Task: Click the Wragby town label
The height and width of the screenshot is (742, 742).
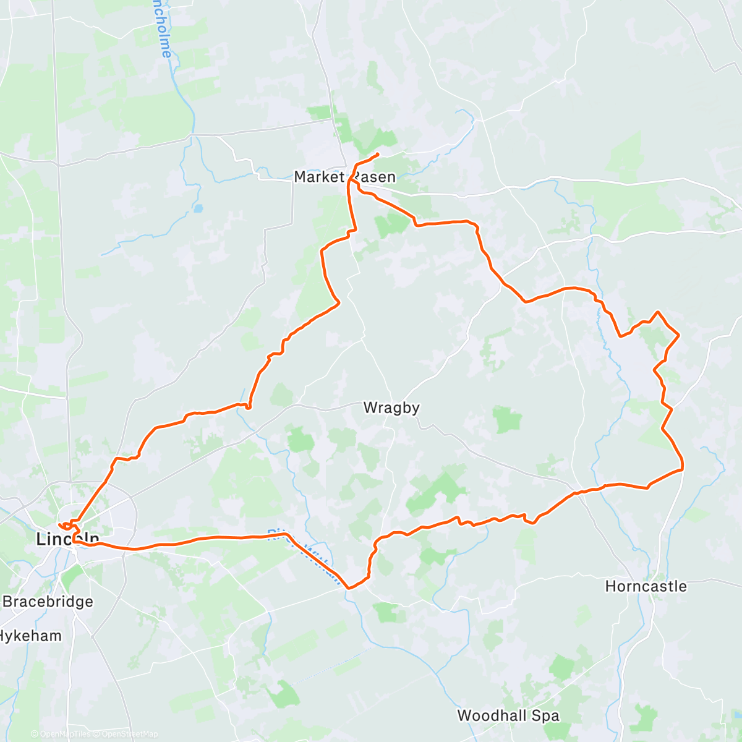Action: [391, 407]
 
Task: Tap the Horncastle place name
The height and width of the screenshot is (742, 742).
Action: [646, 586]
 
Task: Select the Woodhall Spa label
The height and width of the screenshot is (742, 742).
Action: [508, 716]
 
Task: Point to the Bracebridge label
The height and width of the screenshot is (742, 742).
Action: [48, 602]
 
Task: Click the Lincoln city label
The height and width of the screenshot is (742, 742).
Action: [67, 539]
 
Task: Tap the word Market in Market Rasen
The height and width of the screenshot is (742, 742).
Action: [318, 177]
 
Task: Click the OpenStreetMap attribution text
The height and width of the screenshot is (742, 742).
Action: [129, 734]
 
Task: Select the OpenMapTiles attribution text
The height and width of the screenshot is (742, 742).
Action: [64, 734]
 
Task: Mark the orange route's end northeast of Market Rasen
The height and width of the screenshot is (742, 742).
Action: [378, 153]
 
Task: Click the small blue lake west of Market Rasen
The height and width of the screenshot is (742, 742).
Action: [197, 208]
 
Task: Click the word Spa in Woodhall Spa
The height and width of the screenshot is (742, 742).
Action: [547, 716]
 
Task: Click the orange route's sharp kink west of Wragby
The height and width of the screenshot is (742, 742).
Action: [248, 407]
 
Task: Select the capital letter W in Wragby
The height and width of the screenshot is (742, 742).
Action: [370, 407]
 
